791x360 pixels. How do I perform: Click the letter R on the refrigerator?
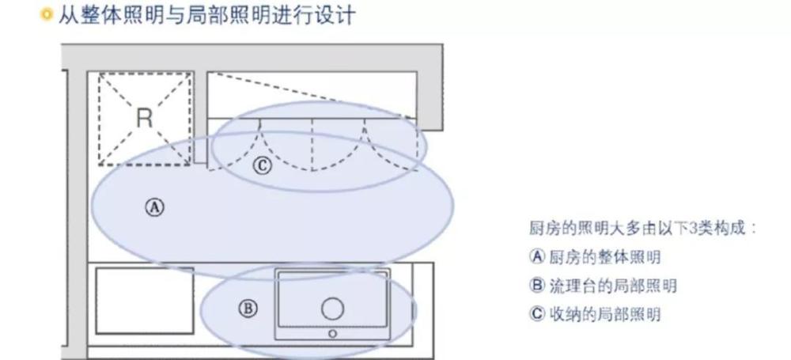point(144,118)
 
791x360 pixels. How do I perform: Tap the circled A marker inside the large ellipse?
point(155,207)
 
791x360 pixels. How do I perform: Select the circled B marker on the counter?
point(248,308)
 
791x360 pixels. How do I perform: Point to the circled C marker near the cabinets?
point(263,165)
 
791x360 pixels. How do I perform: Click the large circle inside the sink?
point(333,309)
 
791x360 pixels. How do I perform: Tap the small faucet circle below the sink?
point(332,333)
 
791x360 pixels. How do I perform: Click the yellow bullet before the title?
point(47,15)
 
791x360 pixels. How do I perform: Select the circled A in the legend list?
point(538,256)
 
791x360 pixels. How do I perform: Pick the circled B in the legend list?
point(538,286)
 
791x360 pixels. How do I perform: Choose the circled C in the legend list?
point(538,314)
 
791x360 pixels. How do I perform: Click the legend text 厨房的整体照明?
point(605,257)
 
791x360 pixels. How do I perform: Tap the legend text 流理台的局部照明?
point(612,286)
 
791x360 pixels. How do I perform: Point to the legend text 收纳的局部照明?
point(605,315)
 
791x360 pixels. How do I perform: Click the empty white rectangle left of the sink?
point(145,301)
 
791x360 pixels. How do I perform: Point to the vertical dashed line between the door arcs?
point(312,145)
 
